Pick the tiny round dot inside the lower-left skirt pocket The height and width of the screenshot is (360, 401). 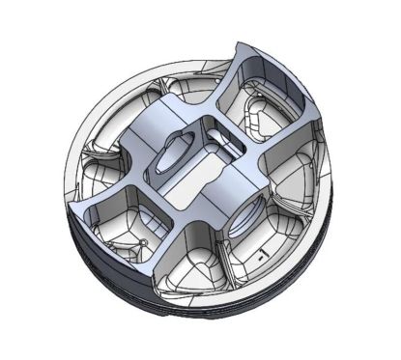[143, 238]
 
